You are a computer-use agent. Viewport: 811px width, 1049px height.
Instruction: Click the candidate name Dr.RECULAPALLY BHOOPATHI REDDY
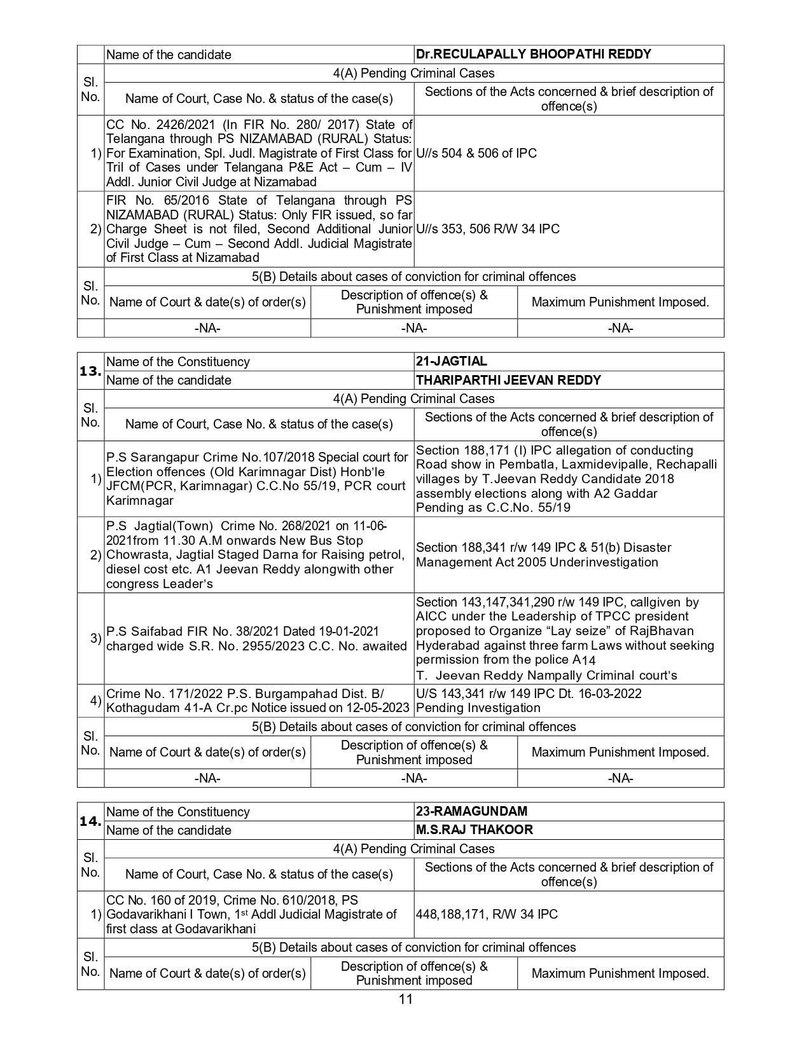point(533,54)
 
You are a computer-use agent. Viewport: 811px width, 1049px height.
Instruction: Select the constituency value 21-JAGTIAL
point(451,361)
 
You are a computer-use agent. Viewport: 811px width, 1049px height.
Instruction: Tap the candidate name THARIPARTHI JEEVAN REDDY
point(508,380)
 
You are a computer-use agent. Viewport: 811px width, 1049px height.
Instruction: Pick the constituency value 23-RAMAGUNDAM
point(471,811)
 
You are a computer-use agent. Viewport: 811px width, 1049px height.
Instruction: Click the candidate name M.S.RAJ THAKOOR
point(474,830)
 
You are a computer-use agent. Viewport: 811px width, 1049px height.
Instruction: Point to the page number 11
point(406,999)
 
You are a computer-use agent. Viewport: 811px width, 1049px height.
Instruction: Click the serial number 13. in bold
point(90,371)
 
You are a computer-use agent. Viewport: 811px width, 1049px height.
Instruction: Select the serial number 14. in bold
point(90,821)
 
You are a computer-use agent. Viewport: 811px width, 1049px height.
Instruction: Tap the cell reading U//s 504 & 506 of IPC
point(476,153)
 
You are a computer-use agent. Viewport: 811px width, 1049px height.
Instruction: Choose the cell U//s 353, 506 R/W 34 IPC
point(487,229)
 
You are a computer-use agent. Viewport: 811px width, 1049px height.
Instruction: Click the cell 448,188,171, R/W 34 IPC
point(487,914)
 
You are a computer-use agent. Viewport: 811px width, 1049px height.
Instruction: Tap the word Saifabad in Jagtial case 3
point(158,631)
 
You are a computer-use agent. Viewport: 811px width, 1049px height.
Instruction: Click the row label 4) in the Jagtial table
point(95,701)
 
